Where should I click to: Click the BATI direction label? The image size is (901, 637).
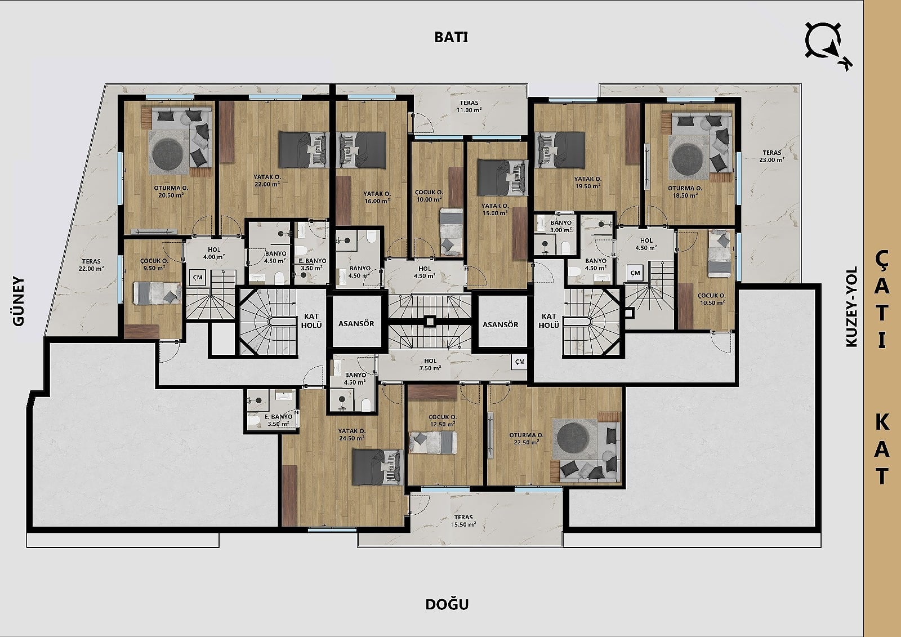(x=451, y=37)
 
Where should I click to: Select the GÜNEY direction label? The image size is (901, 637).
(x=19, y=301)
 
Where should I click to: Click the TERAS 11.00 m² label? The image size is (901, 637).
(x=470, y=106)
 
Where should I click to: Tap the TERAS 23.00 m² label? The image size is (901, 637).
(x=772, y=156)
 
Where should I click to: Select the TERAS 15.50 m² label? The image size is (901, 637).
(x=463, y=521)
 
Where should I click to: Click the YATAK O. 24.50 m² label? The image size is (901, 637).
(x=351, y=435)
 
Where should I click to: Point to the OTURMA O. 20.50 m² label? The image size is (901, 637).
(x=171, y=191)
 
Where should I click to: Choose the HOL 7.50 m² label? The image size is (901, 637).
(x=430, y=364)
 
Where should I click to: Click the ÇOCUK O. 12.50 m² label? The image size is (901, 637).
(x=442, y=421)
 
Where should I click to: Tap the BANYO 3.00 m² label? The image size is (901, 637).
(x=561, y=226)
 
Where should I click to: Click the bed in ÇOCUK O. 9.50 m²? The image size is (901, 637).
(x=157, y=293)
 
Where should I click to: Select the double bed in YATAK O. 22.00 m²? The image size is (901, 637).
(x=304, y=150)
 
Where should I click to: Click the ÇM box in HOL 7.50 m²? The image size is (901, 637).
(x=520, y=362)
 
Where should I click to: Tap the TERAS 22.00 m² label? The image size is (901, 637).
(x=91, y=265)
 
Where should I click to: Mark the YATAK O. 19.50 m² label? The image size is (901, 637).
(x=588, y=182)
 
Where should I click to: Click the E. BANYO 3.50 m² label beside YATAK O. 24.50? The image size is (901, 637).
(x=278, y=420)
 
